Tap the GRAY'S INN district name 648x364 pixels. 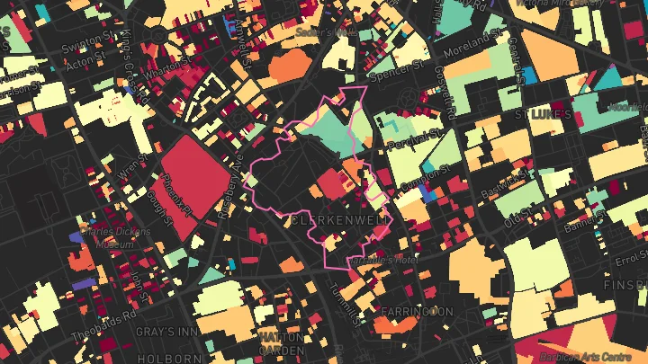click(161, 331)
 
